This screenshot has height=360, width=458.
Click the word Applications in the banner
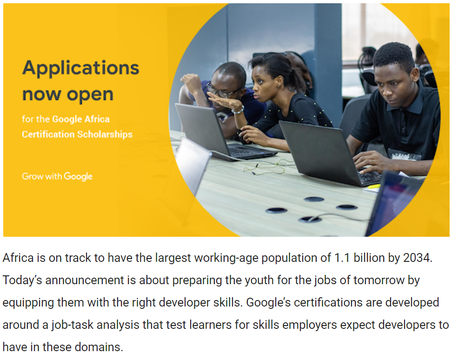(x=80, y=68)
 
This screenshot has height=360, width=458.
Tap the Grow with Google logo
(x=57, y=176)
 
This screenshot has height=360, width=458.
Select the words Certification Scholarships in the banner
(x=77, y=134)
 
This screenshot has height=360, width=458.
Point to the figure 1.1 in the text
(x=342, y=258)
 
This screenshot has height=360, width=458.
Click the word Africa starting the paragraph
(x=17, y=258)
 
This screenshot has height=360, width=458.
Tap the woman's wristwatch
(x=238, y=110)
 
